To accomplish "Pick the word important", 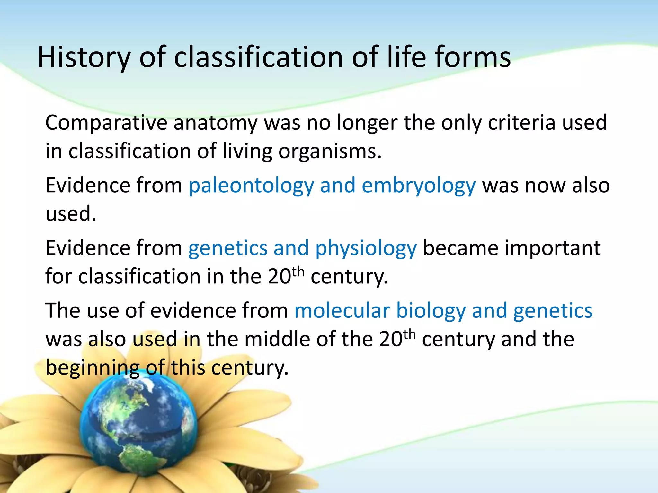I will tap(552, 248).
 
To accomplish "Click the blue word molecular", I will tap(342, 311).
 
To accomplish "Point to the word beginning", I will tap(92, 368).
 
